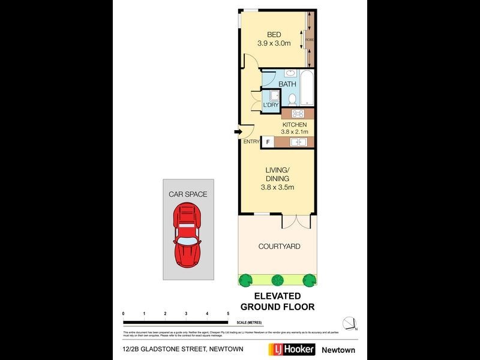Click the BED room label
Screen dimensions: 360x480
pyautogui.click(x=274, y=34)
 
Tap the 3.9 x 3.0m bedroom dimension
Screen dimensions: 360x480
pyautogui.click(x=274, y=43)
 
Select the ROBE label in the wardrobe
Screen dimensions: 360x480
pyautogui.click(x=310, y=40)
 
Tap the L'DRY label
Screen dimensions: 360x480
pyautogui.click(x=271, y=105)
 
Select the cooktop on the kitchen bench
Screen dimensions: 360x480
pyautogui.click(x=298, y=114)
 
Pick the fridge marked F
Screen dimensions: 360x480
pyautogui.click(x=268, y=142)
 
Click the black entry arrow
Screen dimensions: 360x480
pyautogui.click(x=238, y=133)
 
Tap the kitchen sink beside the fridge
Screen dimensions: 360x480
pyautogui.click(x=298, y=142)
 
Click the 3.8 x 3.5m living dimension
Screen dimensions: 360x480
pyautogui.click(x=277, y=187)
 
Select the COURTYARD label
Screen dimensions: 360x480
pyautogui.click(x=279, y=247)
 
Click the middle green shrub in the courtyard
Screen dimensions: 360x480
pyautogui.click(x=277, y=279)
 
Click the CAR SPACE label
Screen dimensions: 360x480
pyautogui.click(x=188, y=194)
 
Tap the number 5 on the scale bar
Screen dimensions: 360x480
pyautogui.click(x=228, y=314)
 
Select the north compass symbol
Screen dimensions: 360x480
pyautogui.click(x=350, y=323)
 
